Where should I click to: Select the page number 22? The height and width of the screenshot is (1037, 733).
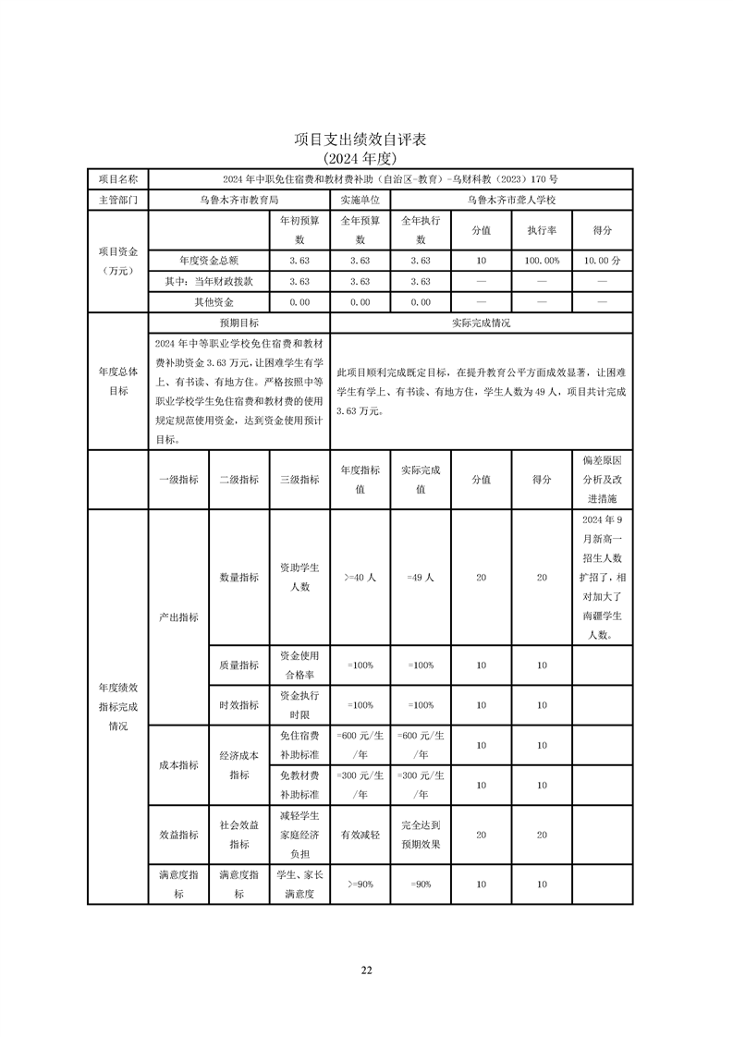click(x=366, y=970)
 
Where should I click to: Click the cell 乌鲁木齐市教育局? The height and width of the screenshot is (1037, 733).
click(x=238, y=199)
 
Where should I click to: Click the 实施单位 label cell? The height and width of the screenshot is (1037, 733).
click(x=360, y=199)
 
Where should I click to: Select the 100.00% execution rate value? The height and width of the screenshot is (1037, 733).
click(x=542, y=261)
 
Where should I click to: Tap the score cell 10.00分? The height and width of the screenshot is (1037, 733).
click(x=603, y=261)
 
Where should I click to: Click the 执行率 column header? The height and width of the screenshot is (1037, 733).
click(x=542, y=230)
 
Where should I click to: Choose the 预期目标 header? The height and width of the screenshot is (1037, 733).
click(x=238, y=323)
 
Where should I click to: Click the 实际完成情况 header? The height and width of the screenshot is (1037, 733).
click(x=481, y=323)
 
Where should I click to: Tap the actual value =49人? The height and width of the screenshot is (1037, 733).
click(x=421, y=577)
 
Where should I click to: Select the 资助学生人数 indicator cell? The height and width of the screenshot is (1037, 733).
click(x=299, y=577)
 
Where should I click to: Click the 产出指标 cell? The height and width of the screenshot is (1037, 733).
click(x=179, y=616)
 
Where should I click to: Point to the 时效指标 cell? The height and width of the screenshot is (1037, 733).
click(x=238, y=704)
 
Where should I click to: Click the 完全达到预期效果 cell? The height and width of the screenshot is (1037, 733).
click(x=421, y=835)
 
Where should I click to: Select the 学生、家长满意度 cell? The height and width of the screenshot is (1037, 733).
click(x=299, y=884)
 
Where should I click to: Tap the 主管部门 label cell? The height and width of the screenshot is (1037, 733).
click(x=117, y=199)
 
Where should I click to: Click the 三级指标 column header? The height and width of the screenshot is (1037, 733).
click(x=299, y=480)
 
